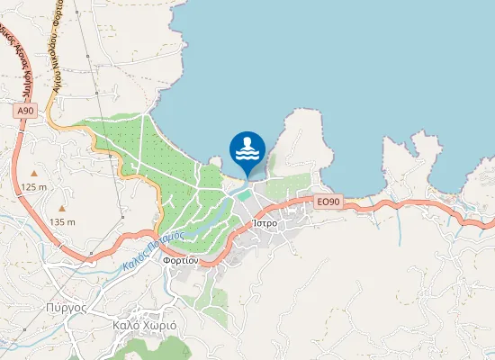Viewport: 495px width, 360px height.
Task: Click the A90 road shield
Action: click(x=26, y=110)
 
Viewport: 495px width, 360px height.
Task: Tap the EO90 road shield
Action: click(x=328, y=202)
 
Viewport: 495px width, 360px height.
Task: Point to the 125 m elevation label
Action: click(x=33, y=186)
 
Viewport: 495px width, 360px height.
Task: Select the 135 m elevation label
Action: click(x=62, y=221)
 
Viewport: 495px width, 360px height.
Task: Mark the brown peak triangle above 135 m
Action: click(x=62, y=208)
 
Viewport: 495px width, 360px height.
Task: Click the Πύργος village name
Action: click(x=65, y=306)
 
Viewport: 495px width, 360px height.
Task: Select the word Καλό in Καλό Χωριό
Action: click(x=124, y=325)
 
